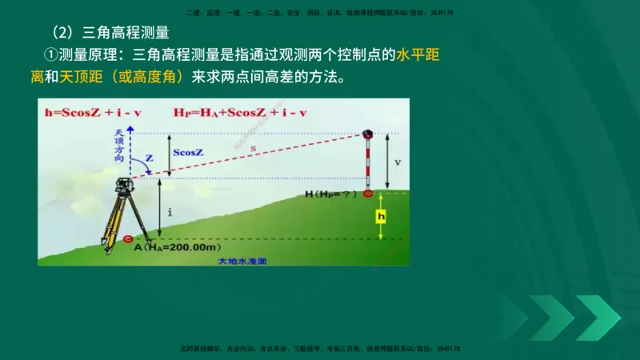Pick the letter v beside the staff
398,162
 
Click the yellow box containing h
382,216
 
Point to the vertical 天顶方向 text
119,145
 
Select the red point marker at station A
130,238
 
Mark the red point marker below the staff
368,194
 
